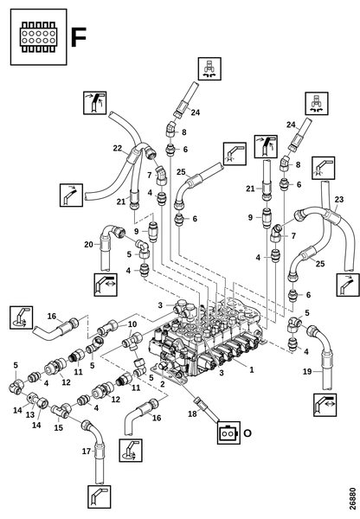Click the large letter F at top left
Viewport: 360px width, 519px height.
[79, 37]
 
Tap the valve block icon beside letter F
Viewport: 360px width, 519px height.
[38, 36]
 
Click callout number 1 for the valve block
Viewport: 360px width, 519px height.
[251, 369]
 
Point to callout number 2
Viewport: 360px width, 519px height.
[163, 384]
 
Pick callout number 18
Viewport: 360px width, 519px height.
[192, 413]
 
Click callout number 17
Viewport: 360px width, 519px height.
[87, 452]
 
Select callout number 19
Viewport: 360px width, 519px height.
[307, 371]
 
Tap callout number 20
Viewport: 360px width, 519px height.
[88, 245]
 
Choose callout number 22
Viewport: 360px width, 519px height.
[117, 148]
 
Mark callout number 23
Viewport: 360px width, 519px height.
[339, 199]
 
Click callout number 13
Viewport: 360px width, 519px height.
[30, 415]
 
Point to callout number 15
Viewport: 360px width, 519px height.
[58, 427]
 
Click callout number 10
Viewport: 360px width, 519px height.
[132, 324]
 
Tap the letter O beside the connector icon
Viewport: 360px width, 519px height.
[247, 432]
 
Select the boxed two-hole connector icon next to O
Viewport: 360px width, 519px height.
[228, 432]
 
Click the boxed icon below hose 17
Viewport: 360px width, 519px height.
[99, 497]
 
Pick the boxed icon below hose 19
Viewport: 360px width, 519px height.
[325, 405]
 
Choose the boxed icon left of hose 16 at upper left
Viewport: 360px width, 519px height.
[21, 317]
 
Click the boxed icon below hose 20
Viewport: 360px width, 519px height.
[106, 285]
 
